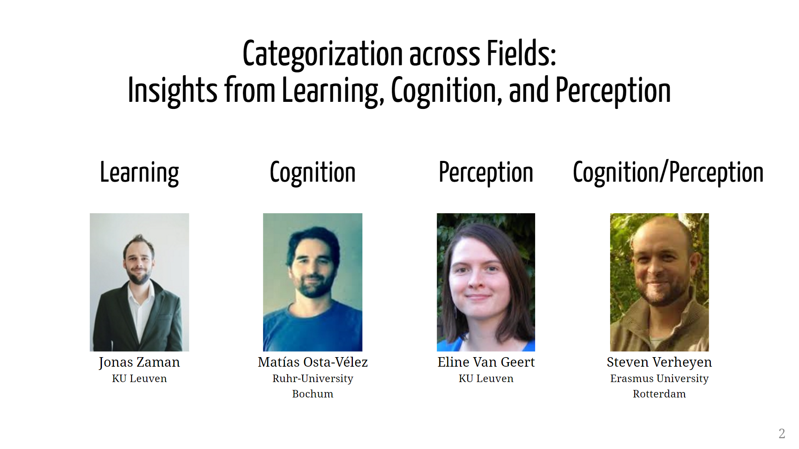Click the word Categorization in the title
323,54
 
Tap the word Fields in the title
522,53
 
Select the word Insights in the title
172,90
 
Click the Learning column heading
139,173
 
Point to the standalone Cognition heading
313,173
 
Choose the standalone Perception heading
486,173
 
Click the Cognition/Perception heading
668,173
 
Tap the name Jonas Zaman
139,363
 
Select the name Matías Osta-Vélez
313,362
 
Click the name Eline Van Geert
486,362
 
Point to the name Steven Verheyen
659,363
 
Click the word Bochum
313,394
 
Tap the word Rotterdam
659,394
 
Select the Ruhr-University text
313,379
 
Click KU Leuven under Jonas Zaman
139,378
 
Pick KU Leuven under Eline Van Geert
486,378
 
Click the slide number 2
782,434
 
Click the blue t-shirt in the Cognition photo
313,328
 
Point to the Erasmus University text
659,379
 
